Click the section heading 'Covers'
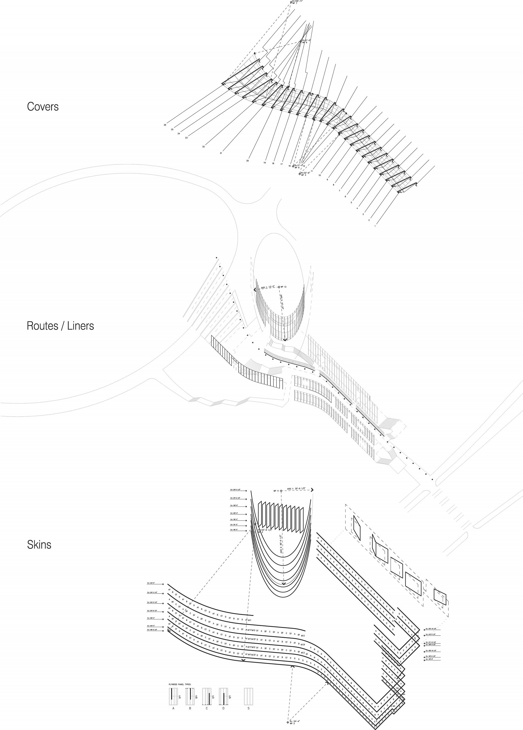pos(43,107)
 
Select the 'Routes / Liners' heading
pos(60,326)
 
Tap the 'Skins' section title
pos(39,545)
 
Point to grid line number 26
pos(165,125)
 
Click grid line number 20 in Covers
pos(247,161)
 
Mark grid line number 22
pos(203,147)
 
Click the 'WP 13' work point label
pos(283,287)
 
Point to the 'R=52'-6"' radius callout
pos(305,173)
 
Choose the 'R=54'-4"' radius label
pos(295,721)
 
